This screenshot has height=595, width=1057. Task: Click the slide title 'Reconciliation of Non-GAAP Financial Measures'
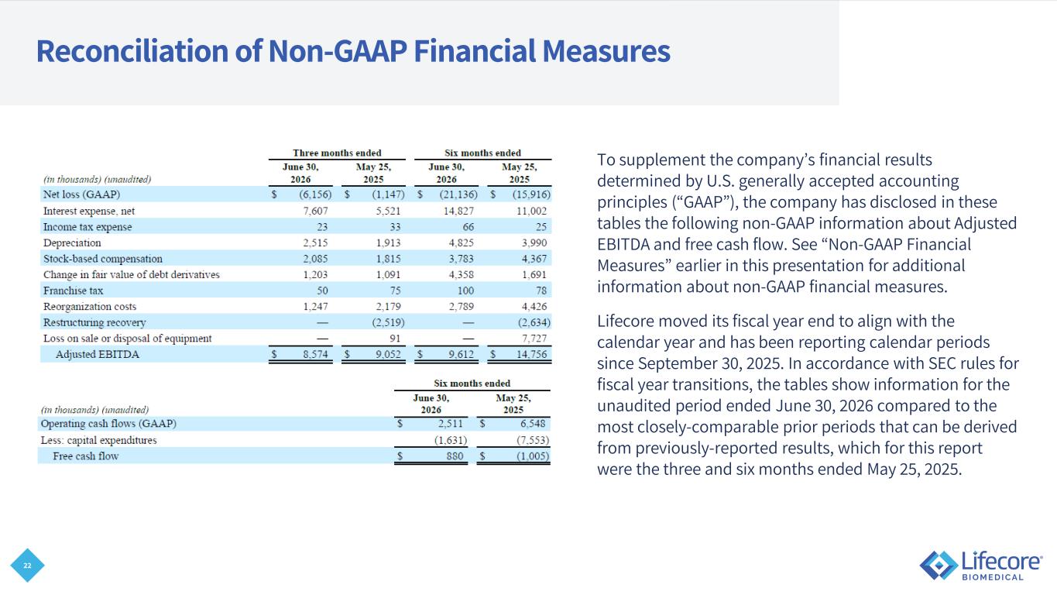[x=353, y=51]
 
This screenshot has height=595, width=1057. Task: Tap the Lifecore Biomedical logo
[x=980, y=566]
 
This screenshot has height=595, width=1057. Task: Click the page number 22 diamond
[x=27, y=566]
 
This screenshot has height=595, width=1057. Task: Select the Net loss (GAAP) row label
[x=81, y=194]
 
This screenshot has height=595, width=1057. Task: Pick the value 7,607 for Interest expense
[x=315, y=211]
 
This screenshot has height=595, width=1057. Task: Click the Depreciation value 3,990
[x=534, y=242]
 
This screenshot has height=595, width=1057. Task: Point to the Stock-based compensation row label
[x=103, y=259]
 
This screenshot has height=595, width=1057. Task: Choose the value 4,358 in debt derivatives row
[x=461, y=275]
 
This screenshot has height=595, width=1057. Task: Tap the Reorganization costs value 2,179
[x=389, y=307]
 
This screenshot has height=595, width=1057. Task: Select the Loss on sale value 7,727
[x=534, y=339]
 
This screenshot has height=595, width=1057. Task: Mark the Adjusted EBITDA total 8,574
[x=315, y=354]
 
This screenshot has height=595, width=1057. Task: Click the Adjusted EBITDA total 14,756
[x=532, y=354]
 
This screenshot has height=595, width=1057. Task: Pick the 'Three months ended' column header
[x=337, y=153]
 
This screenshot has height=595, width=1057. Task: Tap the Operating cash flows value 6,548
[x=533, y=424]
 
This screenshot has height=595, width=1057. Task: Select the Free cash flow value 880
[x=455, y=456]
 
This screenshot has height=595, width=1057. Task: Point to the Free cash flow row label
[x=85, y=456]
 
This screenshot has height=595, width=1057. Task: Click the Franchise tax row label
[x=73, y=291]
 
